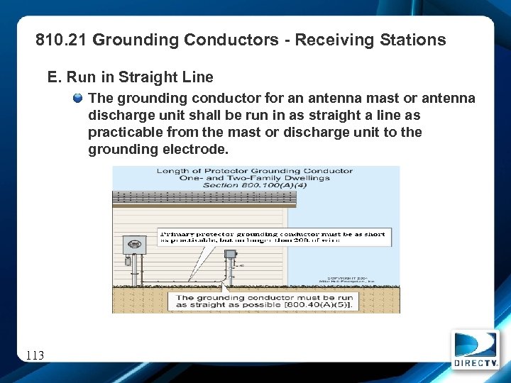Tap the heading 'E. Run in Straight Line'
[x=130, y=77]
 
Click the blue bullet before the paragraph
[x=79, y=98]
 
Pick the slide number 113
[x=34, y=355]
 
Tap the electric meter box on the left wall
[x=134, y=245]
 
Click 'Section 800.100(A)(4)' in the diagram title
[x=255, y=185]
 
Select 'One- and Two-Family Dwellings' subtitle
[x=255, y=178]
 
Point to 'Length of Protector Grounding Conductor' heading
[x=255, y=171]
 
